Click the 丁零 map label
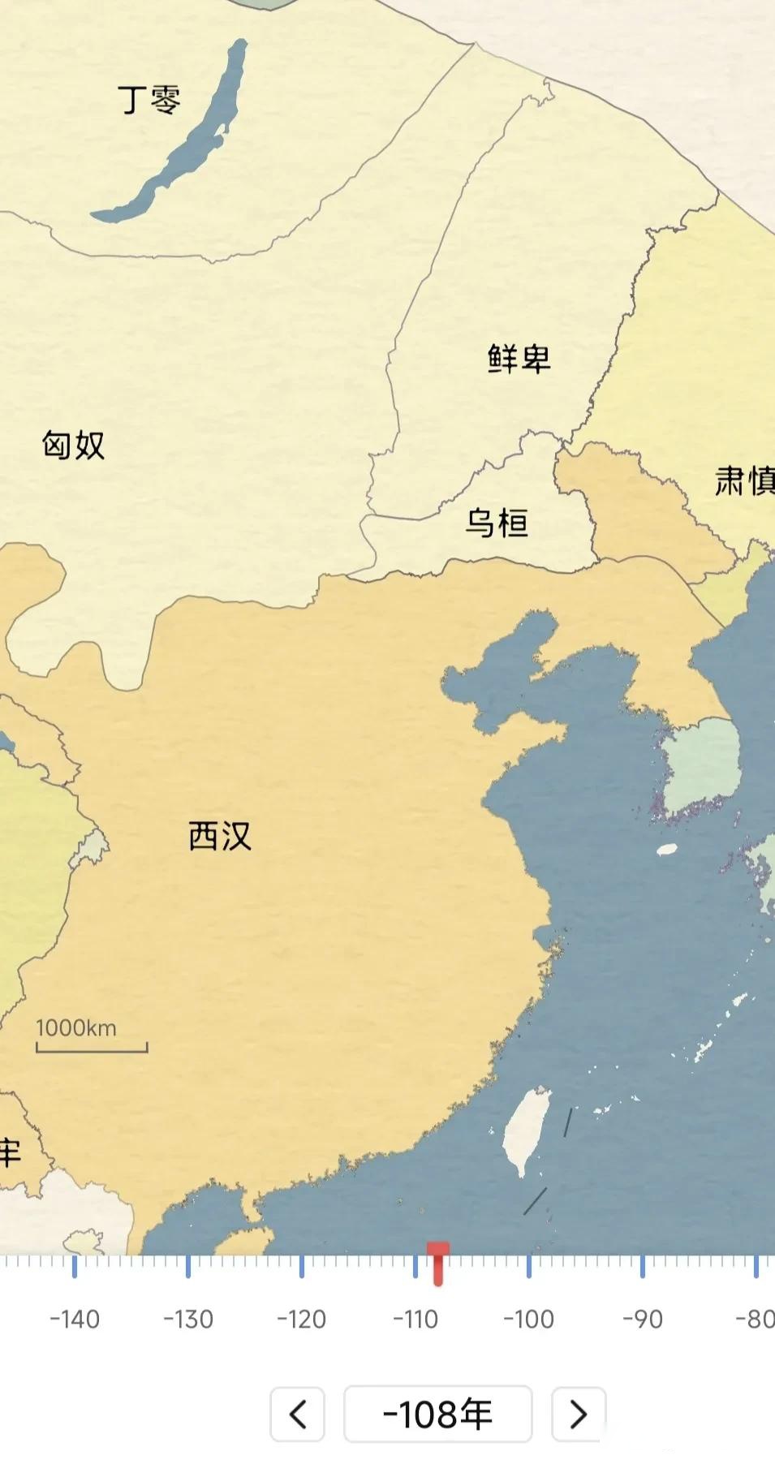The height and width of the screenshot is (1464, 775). pos(149,100)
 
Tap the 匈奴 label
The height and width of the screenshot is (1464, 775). pos(74,445)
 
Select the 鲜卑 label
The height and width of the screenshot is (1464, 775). pos(519,358)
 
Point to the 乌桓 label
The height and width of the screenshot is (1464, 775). pos(497,523)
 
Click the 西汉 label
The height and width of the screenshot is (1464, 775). pos(220,836)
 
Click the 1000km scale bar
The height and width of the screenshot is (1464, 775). pos(91,1037)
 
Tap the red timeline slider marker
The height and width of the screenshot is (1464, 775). pos(438,1262)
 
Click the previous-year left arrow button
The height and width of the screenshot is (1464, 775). pos(297,1414)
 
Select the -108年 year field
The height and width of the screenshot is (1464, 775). pos(438,1414)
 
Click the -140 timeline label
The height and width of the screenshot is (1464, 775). pos(75,1320)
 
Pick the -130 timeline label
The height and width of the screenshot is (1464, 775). pos(188,1320)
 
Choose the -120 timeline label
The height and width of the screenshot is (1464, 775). pos(301,1320)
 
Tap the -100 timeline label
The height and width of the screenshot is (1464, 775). pos(528,1320)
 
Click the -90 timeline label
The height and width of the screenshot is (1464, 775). pos(642,1320)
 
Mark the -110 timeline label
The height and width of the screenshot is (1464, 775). pos(415,1320)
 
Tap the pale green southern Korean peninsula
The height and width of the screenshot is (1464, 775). pos(698,767)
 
